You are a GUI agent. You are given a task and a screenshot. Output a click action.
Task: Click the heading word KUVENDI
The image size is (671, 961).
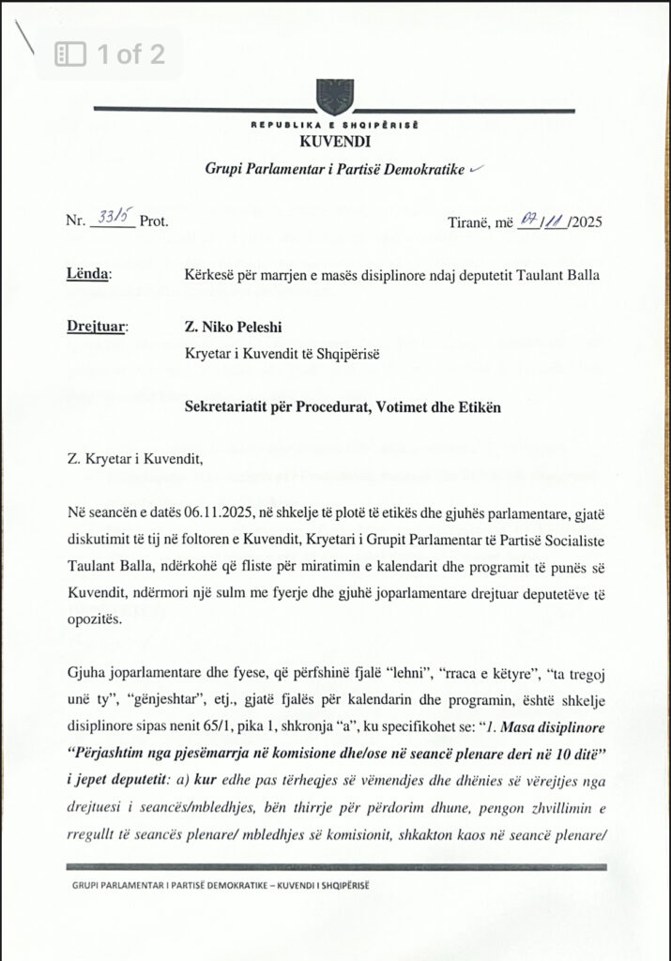[x=335, y=142]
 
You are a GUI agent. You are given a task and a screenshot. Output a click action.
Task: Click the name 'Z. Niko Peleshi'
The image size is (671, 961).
[x=233, y=328]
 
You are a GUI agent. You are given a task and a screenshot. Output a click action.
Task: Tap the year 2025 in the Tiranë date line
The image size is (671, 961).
[x=585, y=222]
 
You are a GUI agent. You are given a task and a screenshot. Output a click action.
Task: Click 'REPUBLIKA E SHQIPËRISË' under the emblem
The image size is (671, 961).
[x=334, y=125]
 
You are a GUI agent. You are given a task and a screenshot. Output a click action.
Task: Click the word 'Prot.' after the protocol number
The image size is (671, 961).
[x=154, y=222]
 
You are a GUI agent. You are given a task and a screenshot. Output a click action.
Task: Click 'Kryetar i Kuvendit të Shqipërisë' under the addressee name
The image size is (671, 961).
[x=289, y=354]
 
